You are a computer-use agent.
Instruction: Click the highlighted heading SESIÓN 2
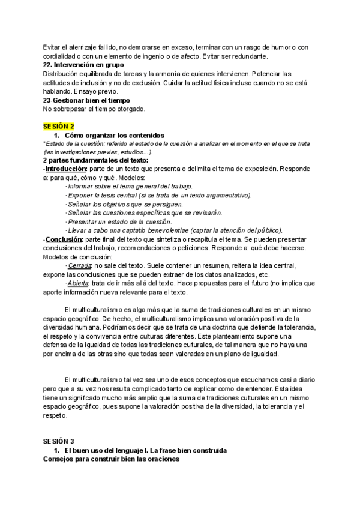click(x=59, y=127)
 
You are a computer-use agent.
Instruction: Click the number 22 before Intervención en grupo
click(x=47, y=65)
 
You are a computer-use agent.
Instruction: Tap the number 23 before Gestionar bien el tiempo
click(x=47, y=100)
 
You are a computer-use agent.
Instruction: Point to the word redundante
click(x=245, y=56)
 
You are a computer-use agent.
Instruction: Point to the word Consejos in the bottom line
click(x=58, y=459)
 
